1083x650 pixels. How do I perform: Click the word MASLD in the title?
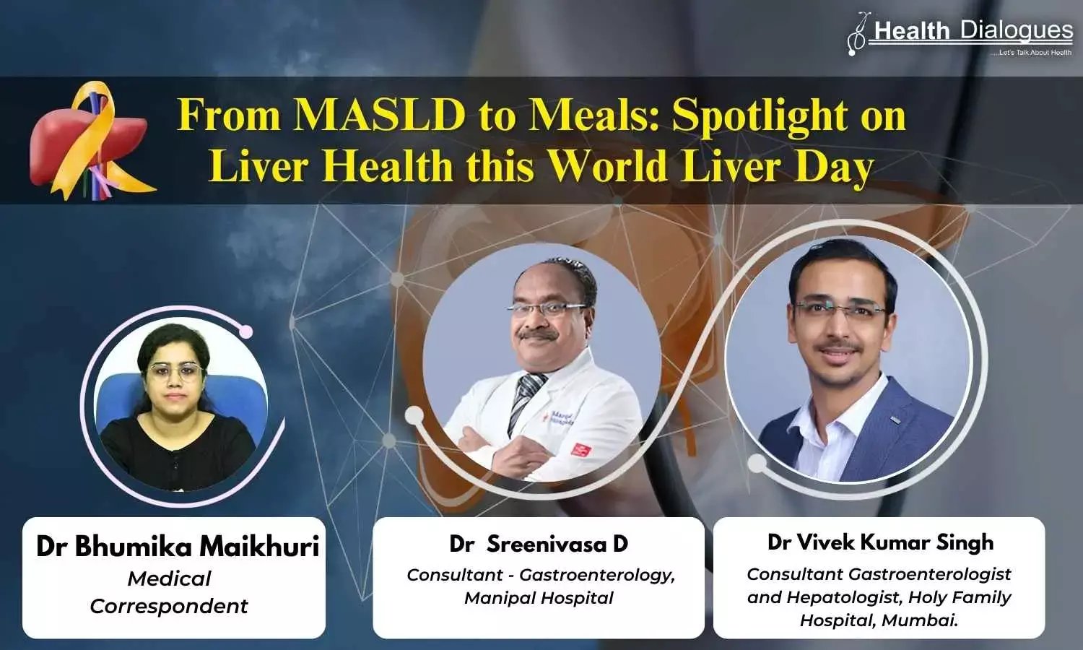point(379,116)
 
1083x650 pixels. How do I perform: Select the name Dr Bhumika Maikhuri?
point(178,547)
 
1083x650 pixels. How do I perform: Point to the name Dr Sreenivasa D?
point(539,545)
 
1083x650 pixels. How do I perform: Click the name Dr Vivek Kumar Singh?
point(880,542)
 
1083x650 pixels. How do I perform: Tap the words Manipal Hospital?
point(539,598)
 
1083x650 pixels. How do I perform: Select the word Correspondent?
point(169,607)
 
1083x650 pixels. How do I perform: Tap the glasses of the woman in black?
point(175,372)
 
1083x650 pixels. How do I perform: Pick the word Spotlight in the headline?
point(755,117)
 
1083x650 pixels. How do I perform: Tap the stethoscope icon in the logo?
point(859,34)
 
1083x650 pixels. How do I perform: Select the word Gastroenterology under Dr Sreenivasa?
point(596,575)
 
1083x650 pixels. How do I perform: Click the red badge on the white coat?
point(580,450)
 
